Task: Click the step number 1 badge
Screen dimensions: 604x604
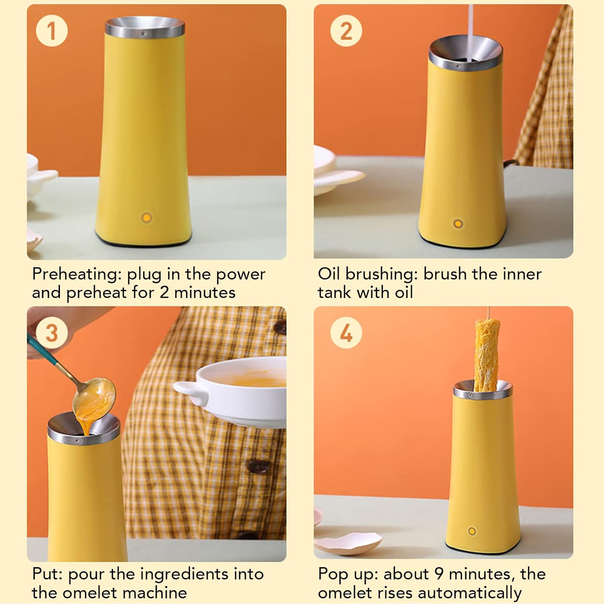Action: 52,31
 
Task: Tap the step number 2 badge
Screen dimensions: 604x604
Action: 346,31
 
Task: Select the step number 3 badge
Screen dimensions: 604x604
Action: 52,333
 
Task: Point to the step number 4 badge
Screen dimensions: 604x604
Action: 346,333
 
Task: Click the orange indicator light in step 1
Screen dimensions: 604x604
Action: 147,218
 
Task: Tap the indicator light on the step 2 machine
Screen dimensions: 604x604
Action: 458,223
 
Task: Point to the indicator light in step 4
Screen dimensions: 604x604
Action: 472,531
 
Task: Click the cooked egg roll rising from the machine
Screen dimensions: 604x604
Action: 486,354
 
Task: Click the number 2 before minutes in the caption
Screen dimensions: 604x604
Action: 164,293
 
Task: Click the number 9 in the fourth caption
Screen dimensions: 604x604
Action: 439,574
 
